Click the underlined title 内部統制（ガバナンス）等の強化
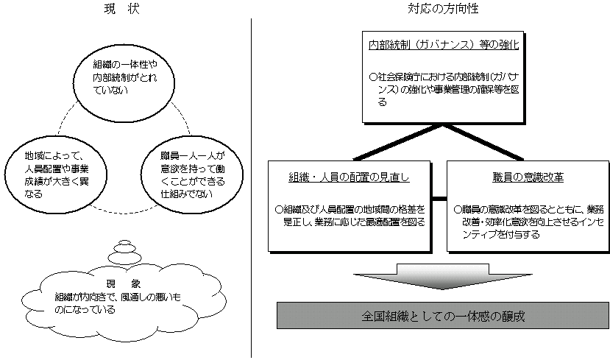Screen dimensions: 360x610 (444, 45)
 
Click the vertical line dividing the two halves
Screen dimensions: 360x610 (252, 184)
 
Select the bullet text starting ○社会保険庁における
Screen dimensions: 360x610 (443, 88)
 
